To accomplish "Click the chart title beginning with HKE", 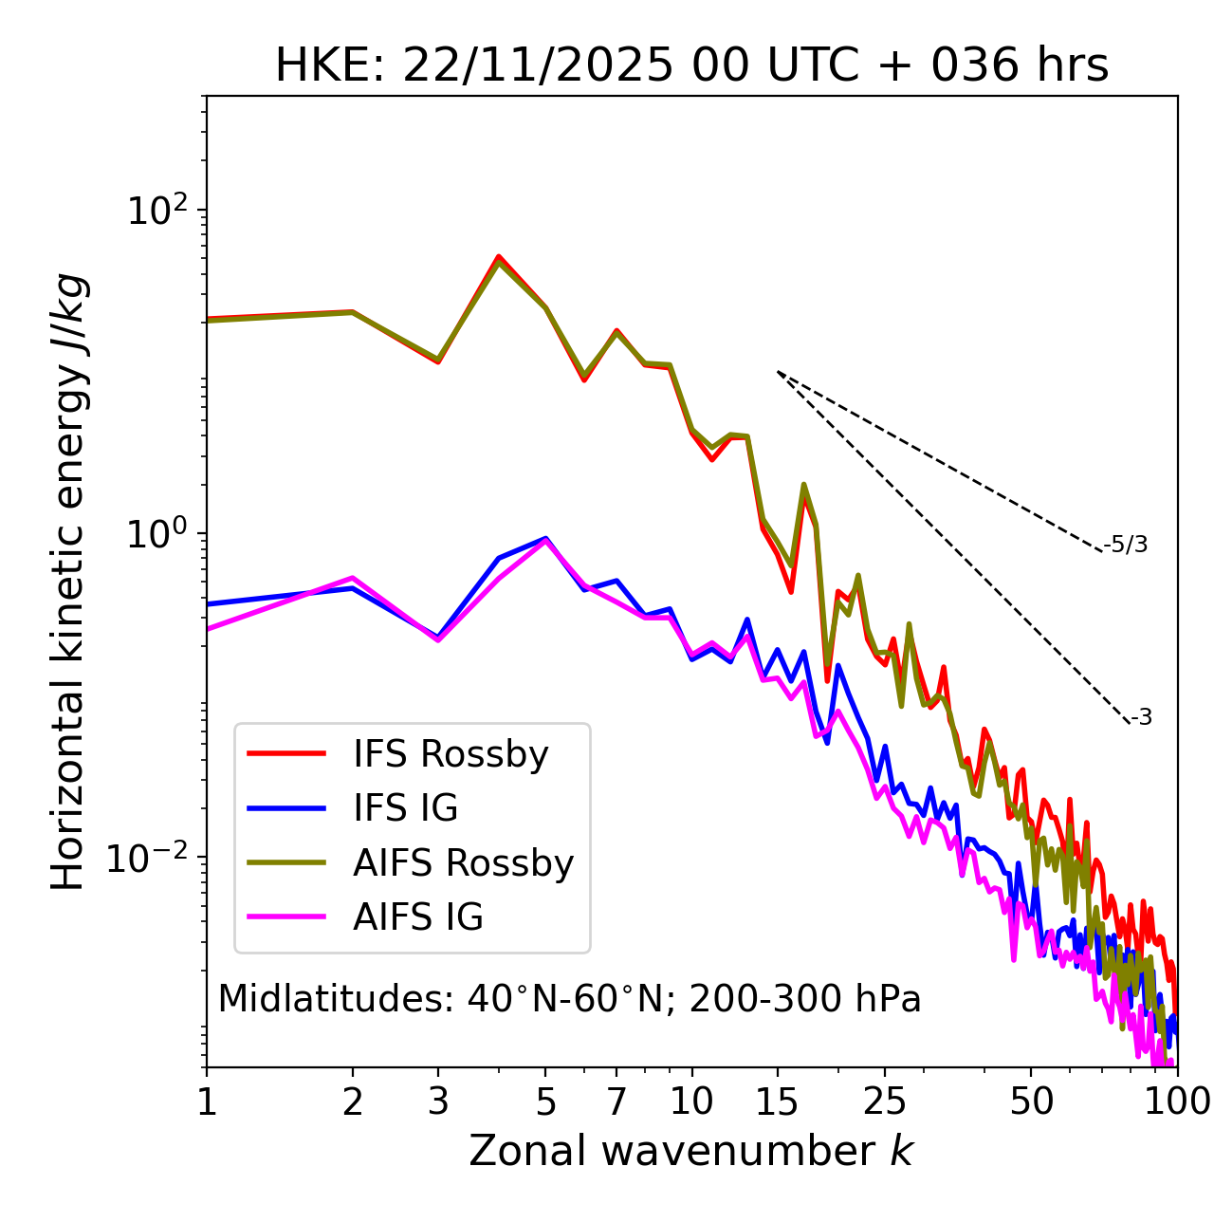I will coord(691,66).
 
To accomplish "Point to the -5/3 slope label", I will coord(1126,545).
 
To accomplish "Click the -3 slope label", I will coord(1141,717).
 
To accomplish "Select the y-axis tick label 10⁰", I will coord(157,534).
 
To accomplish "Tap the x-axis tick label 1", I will coord(207,1102).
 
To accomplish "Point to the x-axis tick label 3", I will coord(437,1102).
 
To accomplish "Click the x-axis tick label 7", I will coord(616,1102).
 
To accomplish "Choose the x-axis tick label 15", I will coord(777,1102).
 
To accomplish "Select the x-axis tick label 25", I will coord(885,1102).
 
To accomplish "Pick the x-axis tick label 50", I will coord(1031,1102).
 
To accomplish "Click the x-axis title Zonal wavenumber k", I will coord(691,1151).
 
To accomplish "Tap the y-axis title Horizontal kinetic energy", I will coord(68,582).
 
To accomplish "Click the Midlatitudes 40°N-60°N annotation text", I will coord(569,999).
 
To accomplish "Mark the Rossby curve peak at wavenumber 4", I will coord(498,257).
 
